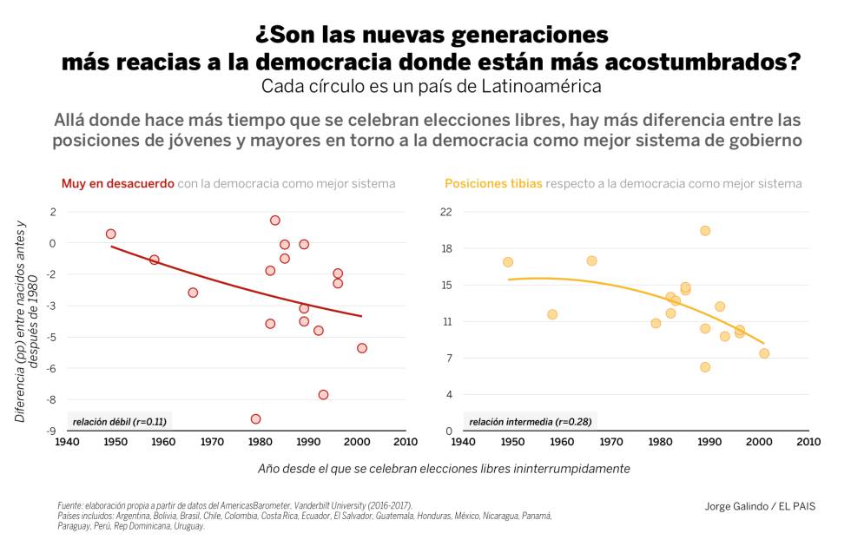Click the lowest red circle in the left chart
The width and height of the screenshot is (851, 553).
coord(255,418)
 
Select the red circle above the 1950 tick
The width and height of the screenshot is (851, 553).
coord(110,234)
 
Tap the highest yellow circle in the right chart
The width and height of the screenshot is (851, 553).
coord(705,230)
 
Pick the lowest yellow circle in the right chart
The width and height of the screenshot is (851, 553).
coord(705,367)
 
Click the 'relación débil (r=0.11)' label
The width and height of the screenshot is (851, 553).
coord(119,421)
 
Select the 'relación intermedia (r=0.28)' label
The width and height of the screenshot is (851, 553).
coord(530,421)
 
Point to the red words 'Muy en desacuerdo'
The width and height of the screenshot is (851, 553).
coord(117,184)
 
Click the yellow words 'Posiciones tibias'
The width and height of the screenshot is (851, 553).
coord(493,184)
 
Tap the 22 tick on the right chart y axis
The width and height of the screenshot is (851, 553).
coord(446,212)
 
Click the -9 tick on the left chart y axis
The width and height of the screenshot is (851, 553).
coord(52,431)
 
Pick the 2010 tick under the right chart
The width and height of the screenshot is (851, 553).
coord(808,442)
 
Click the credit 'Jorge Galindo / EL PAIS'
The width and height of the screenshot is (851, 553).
coord(760,506)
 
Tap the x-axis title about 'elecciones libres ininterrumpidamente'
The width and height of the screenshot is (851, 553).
coord(444,468)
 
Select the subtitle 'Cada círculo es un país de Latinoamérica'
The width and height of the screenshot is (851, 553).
coord(431,87)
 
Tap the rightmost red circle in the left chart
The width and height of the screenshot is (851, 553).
coord(361,347)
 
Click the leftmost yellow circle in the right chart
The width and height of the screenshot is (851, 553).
coord(507,262)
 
